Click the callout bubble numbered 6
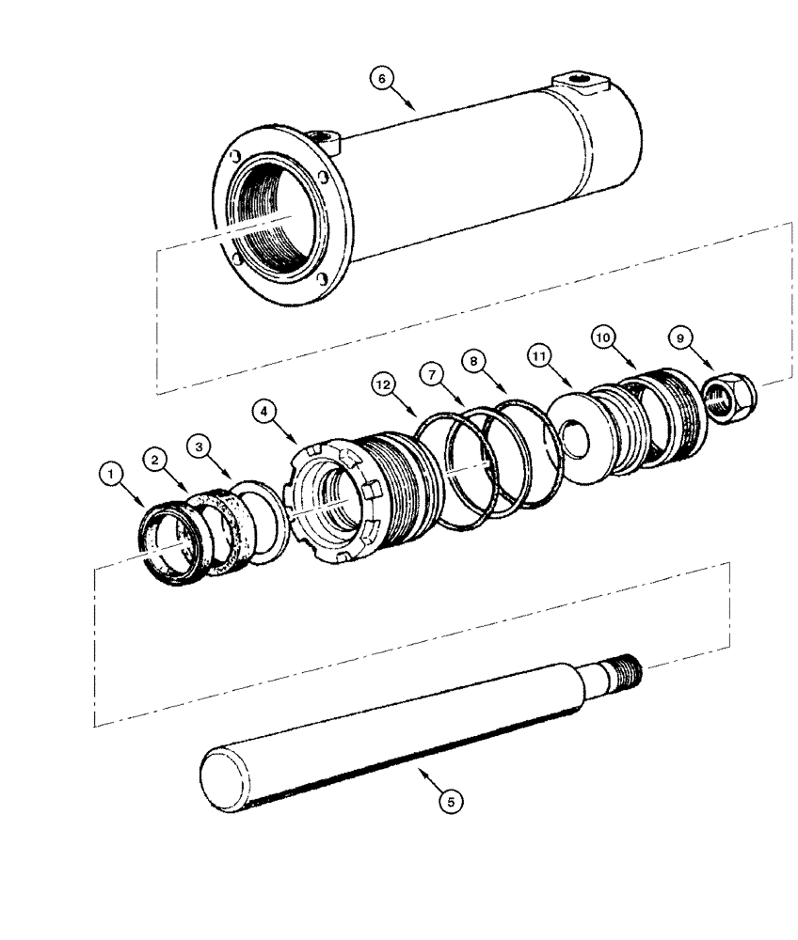tap(381, 79)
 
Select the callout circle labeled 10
tap(603, 336)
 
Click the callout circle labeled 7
tap(434, 375)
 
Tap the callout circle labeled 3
tap(198, 446)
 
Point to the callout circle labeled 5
tap(451, 802)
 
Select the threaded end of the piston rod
tap(621, 672)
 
